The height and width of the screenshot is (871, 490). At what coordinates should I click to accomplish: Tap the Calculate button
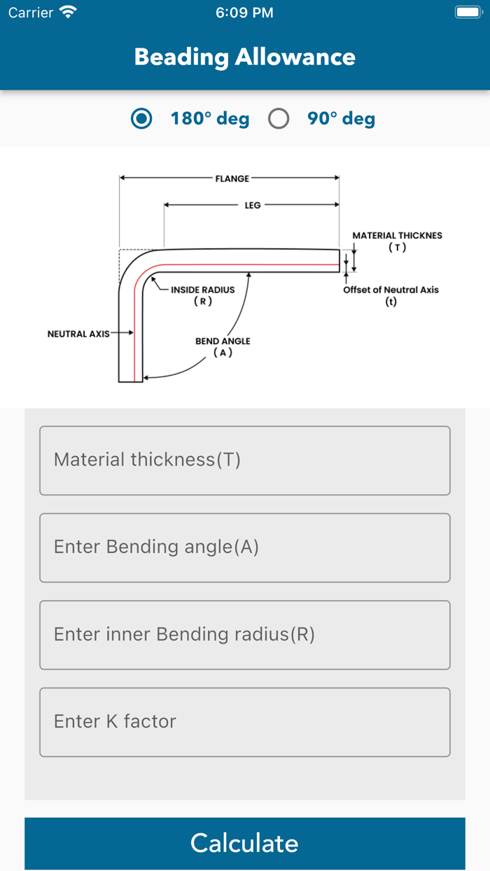click(244, 843)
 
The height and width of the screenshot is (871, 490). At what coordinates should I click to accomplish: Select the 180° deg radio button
click(142, 119)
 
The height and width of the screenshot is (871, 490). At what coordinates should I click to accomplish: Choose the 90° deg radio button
click(279, 119)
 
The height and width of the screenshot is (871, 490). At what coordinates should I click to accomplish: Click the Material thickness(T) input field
click(244, 460)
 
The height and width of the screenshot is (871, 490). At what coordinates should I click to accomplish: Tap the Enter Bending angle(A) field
click(244, 548)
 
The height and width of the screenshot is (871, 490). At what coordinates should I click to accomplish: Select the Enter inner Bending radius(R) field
click(244, 634)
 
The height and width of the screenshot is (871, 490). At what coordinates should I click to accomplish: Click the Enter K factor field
click(244, 722)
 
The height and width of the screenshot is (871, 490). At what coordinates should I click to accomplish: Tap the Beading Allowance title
click(244, 57)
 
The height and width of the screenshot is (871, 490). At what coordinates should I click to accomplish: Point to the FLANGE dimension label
click(232, 179)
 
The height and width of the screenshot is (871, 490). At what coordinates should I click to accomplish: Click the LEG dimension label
click(253, 205)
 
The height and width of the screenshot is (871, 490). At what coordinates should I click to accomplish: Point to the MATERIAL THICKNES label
click(397, 236)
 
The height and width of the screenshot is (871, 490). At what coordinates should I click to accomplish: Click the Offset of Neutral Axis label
click(391, 290)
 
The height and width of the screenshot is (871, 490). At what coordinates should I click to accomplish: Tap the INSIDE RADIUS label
click(202, 290)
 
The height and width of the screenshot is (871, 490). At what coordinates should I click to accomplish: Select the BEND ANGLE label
click(223, 342)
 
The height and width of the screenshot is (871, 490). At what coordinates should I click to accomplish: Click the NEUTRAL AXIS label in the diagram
click(78, 334)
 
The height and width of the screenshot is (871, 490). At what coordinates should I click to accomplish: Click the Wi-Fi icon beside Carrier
click(68, 13)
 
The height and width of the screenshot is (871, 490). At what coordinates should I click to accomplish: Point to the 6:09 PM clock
click(244, 13)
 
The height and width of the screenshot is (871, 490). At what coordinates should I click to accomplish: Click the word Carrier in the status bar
click(31, 13)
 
